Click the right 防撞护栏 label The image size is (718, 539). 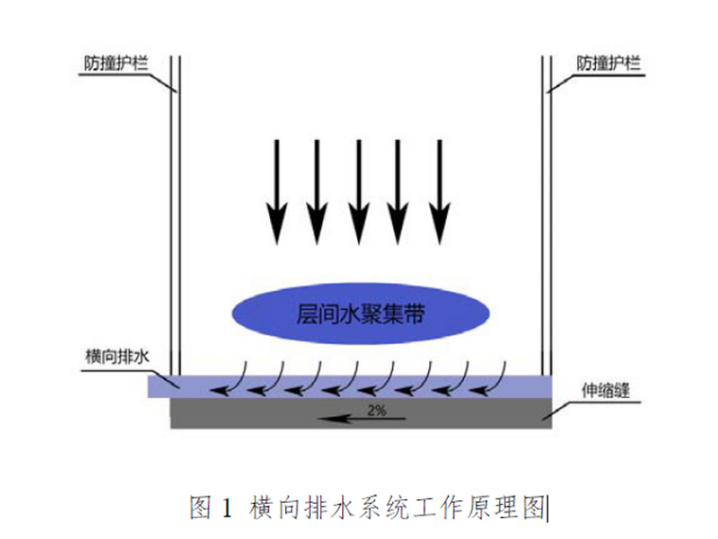608,64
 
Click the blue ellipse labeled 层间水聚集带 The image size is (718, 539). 362,314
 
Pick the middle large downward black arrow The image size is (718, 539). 358,189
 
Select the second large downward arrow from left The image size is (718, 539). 317,189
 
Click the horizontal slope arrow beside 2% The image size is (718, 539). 350,416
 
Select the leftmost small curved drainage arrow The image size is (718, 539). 231,377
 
